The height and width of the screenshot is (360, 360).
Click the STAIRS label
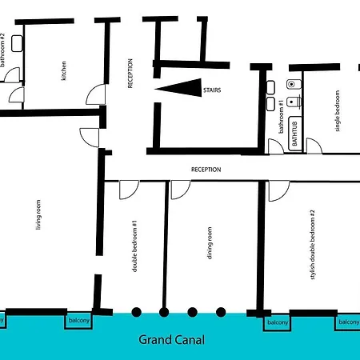[211, 90]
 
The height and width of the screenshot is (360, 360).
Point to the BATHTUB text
[296, 132]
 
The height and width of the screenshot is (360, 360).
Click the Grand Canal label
[172, 340]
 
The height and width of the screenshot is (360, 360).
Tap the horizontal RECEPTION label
[206, 170]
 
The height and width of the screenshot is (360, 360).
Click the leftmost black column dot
[136, 312]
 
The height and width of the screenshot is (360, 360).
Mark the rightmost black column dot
[221, 312]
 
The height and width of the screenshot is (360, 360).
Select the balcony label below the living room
[79, 321]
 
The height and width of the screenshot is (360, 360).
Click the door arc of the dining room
[181, 189]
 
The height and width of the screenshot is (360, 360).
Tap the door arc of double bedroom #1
[128, 189]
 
